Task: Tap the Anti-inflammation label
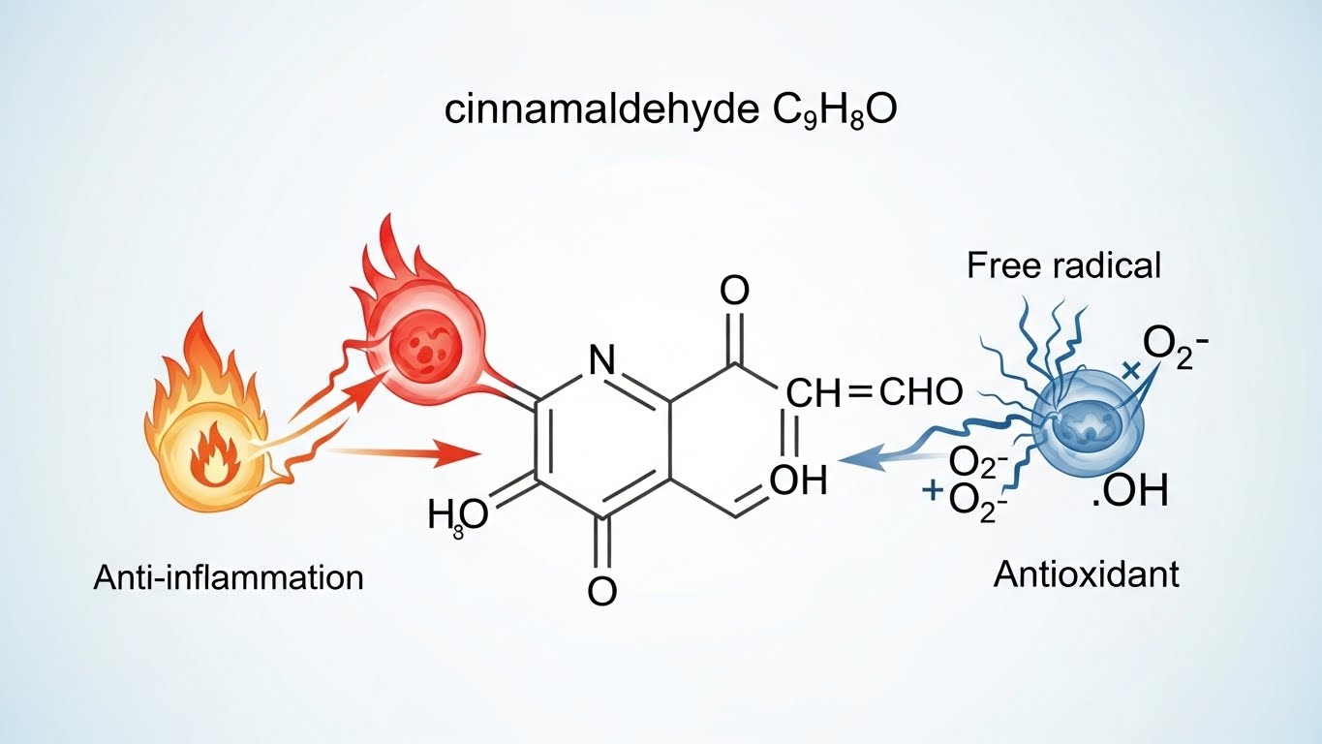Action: pyautogui.click(x=229, y=578)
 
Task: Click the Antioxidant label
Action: pyautogui.click(x=1087, y=574)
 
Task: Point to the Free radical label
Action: pyautogui.click(x=1063, y=265)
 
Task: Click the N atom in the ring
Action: pyautogui.click(x=601, y=361)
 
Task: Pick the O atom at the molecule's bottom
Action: pyautogui.click(x=602, y=590)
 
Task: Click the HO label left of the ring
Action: pyautogui.click(x=459, y=515)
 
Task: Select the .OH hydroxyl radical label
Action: pyautogui.click(x=1128, y=493)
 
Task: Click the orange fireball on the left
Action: pyautogui.click(x=207, y=448)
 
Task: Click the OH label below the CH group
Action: pyautogui.click(x=799, y=480)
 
